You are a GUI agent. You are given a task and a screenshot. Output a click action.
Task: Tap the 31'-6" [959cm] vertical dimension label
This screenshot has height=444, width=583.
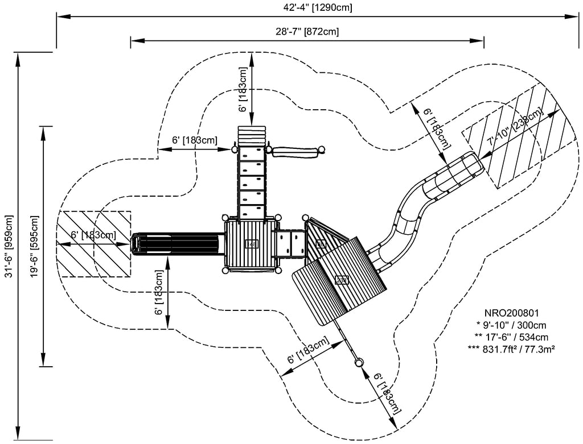click(8, 246)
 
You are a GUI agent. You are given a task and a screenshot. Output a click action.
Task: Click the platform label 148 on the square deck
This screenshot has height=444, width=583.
click(251, 244)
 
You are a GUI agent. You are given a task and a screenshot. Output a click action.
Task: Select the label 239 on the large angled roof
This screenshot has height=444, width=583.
click(342, 279)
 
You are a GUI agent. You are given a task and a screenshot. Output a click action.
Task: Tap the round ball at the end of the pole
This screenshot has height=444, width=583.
click(359, 362)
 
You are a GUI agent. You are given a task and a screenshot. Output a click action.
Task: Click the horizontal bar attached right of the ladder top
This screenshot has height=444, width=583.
click(295, 152)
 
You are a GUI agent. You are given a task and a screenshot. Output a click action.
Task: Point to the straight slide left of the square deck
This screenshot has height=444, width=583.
click(176, 243)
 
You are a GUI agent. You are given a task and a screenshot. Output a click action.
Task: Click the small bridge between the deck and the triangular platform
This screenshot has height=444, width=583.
click(290, 243)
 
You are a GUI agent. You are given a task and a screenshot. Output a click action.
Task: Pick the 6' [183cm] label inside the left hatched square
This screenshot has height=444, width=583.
click(93, 235)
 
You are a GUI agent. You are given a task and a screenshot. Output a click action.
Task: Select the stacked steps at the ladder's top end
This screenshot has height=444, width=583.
click(252, 136)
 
